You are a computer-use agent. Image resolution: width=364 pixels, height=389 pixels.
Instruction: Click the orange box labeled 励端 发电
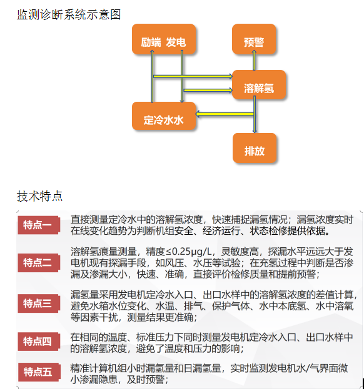(164, 39)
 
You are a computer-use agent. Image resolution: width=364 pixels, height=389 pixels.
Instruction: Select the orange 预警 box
(254, 39)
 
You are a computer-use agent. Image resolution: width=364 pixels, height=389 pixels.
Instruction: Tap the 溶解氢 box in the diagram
(259, 85)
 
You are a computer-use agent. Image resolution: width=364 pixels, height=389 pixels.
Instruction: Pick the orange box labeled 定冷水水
(164, 116)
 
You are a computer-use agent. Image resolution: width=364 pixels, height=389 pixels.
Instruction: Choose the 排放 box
(255, 148)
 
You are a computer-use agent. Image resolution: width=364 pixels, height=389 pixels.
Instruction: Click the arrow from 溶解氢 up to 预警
(254, 61)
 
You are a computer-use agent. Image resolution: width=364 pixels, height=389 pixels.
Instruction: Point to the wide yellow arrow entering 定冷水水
(225, 114)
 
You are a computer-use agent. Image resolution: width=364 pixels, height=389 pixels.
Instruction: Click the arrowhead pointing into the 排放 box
(255, 131)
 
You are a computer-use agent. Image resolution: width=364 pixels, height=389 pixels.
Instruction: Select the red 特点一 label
(39, 225)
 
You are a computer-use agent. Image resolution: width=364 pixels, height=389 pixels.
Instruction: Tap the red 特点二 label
(39, 263)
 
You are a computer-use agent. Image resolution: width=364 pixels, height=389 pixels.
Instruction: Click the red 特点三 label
(39, 303)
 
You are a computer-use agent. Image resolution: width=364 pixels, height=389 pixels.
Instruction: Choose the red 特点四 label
(39, 342)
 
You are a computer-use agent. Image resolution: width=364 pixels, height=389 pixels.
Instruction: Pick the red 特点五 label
(39, 372)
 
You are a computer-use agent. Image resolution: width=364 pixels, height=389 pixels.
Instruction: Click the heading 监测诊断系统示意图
(69, 14)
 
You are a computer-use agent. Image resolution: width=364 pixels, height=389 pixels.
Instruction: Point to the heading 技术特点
(40, 196)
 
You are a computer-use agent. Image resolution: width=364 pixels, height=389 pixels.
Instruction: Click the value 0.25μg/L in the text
(192, 252)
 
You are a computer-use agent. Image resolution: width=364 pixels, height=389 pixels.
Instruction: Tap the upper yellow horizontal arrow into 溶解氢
(193, 76)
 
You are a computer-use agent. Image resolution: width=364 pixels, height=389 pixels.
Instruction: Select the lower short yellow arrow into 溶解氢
(208, 90)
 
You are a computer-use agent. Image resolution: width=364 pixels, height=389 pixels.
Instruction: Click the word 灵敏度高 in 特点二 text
(240, 252)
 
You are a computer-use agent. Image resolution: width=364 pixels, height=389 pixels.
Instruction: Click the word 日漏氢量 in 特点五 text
(202, 368)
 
